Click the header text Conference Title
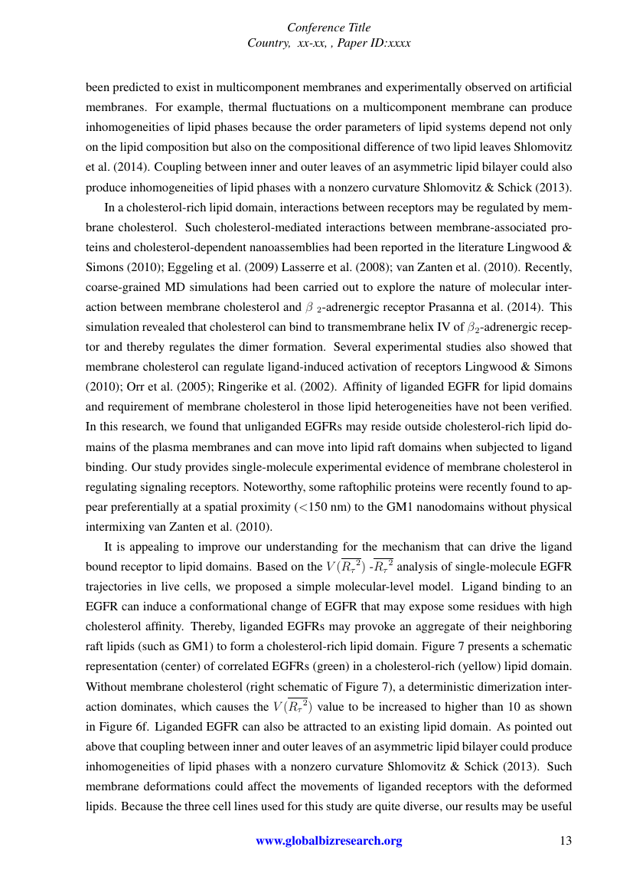[x=328, y=28]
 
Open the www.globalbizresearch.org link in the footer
[x=328, y=841]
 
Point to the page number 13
[x=566, y=841]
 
